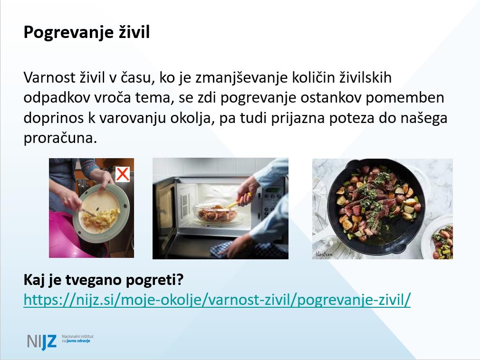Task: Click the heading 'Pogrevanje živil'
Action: [x=86, y=32]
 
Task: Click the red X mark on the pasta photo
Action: [x=123, y=174]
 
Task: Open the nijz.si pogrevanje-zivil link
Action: [x=217, y=299]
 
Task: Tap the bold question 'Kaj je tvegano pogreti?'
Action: [x=104, y=280]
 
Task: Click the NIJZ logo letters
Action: [x=42, y=341]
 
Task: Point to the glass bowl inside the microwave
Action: [x=216, y=213]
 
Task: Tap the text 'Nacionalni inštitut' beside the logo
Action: [x=78, y=336]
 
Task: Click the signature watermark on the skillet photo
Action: [x=324, y=254]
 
